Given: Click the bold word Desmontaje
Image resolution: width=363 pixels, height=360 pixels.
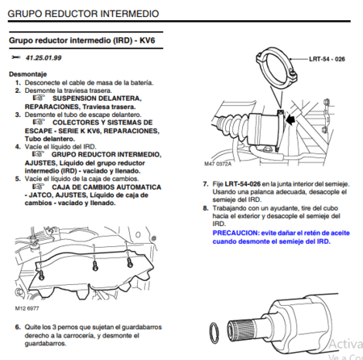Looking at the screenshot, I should (x=27, y=73).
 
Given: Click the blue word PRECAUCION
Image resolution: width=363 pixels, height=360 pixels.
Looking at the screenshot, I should (x=236, y=231).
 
